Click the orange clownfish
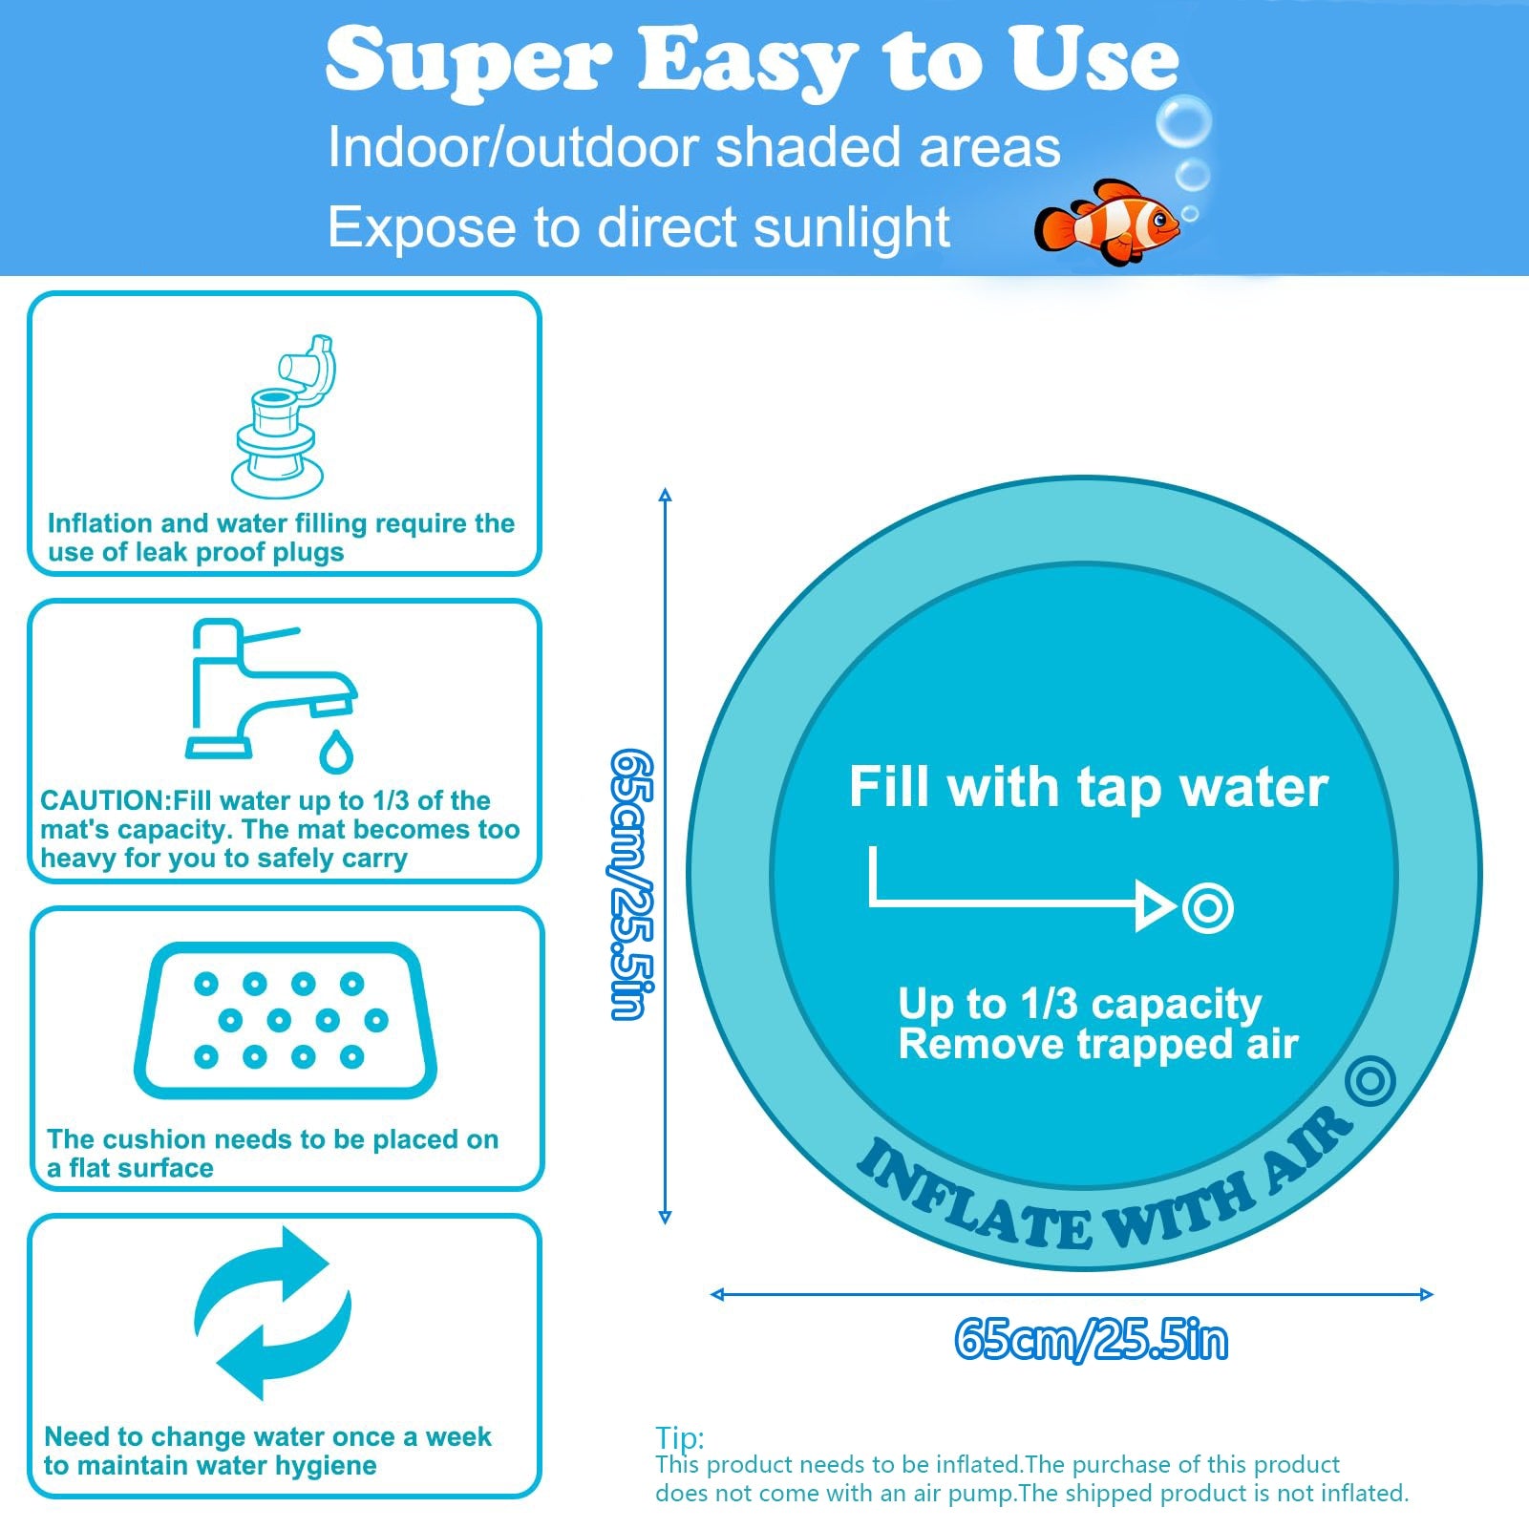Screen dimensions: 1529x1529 coord(1108,223)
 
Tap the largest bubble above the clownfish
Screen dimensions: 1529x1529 coord(1183,121)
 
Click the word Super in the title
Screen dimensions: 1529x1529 coord(468,60)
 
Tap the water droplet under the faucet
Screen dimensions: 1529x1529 coord(335,752)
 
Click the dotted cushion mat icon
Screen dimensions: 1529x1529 coord(285,1020)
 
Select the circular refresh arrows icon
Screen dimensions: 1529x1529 coord(273,1313)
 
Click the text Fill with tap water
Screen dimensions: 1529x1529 coord(1088,787)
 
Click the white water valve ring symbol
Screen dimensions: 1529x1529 coord(1207,906)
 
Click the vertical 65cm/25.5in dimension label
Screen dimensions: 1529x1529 coord(631,883)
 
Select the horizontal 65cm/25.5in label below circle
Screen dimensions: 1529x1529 coord(1090,1339)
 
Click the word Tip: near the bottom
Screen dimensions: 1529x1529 coord(679,1437)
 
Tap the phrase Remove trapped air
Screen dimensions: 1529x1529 coord(1097,1044)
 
